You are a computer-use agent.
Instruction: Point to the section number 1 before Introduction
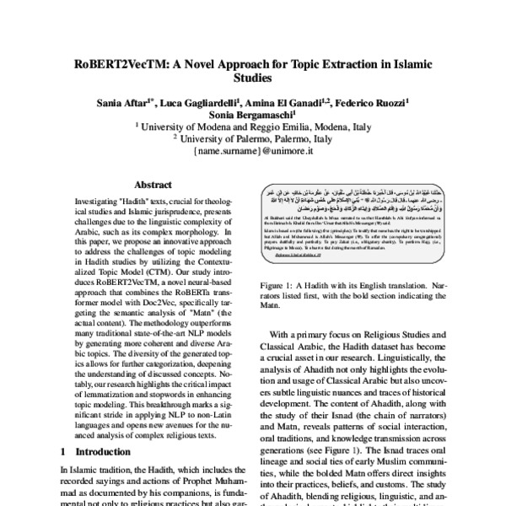(x=65, y=452)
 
